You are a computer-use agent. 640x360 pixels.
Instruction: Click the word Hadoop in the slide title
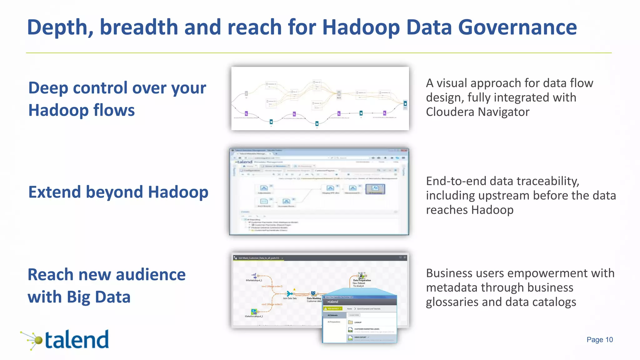click(x=361, y=27)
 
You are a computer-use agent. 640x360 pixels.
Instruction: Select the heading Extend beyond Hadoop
click(x=118, y=192)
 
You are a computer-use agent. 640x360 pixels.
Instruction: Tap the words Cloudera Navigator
click(x=477, y=112)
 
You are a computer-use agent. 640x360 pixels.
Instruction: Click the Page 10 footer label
click(x=599, y=340)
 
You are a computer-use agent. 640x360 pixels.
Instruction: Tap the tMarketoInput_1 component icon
click(x=254, y=276)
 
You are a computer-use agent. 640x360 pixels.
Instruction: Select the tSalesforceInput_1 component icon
click(x=254, y=312)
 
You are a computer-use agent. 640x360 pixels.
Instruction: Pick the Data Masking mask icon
click(x=313, y=293)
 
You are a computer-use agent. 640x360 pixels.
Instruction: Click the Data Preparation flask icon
click(x=362, y=276)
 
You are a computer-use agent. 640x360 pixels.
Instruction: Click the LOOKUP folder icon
click(x=351, y=322)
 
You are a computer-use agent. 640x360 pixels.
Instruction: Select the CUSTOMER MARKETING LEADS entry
click(x=367, y=329)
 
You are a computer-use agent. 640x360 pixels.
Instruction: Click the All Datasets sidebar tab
click(x=333, y=315)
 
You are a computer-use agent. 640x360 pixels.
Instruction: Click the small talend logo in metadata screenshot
click(x=244, y=162)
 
